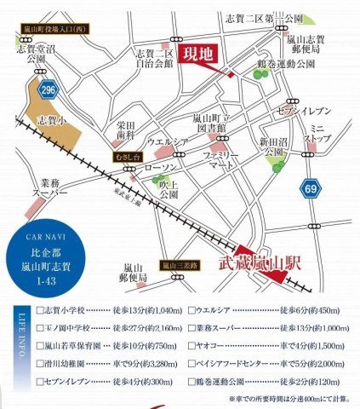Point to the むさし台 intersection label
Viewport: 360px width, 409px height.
[125, 156]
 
